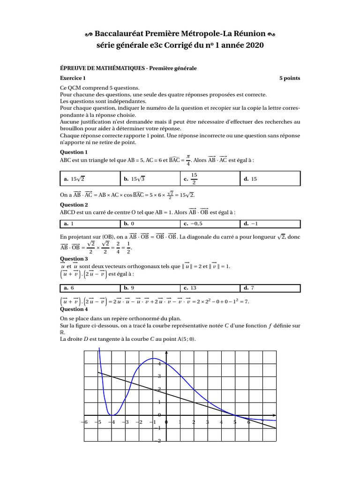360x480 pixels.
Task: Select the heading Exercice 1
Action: point(73,78)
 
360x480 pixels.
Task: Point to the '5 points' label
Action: point(290,78)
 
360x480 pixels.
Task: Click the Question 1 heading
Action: point(74,152)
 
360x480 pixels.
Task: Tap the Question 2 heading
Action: point(74,205)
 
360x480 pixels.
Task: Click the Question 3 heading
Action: point(74,259)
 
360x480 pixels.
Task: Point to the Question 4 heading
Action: point(74,309)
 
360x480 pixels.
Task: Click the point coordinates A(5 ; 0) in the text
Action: point(183,339)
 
